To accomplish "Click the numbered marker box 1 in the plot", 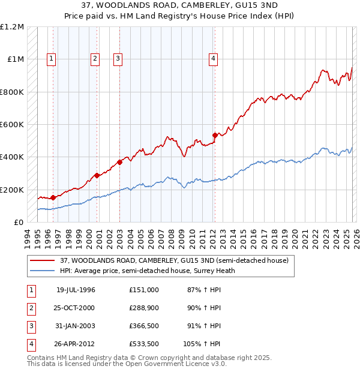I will [x=52, y=59].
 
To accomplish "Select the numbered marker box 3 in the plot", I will [x=118, y=59].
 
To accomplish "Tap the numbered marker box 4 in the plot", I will [x=213, y=59].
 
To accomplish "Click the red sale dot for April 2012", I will [x=215, y=135].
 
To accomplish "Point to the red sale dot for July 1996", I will [x=53, y=197].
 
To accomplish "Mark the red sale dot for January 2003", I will [x=120, y=162].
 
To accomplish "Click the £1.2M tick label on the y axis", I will [x=12, y=27].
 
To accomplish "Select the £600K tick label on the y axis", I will [x=12, y=125].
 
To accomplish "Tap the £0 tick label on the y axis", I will [x=19, y=222].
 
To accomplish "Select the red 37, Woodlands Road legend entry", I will [x=175, y=260].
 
